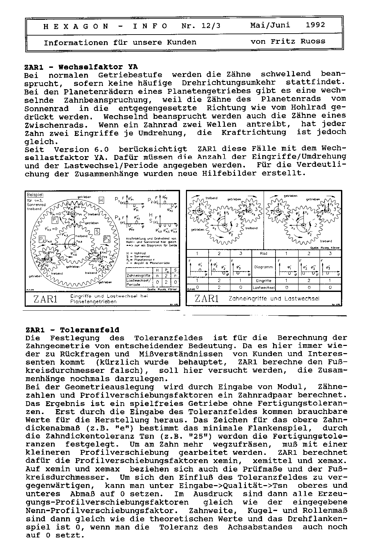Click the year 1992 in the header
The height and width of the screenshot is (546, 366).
click(315, 25)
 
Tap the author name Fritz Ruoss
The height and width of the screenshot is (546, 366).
click(298, 41)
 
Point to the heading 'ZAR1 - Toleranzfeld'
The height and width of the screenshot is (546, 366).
click(72, 330)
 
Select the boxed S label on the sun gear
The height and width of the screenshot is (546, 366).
click(97, 232)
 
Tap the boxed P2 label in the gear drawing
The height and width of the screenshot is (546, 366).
click(42, 240)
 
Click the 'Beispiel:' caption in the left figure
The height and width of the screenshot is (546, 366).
click(35, 195)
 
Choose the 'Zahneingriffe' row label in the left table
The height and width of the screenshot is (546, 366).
click(138, 275)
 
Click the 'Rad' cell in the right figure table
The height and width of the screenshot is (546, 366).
click(263, 254)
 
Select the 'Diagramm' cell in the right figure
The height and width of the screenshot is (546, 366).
click(263, 267)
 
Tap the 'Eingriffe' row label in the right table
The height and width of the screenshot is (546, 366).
click(263, 281)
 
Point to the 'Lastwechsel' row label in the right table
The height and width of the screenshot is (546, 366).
click(263, 287)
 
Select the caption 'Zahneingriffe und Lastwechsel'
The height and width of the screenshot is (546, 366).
click(274, 299)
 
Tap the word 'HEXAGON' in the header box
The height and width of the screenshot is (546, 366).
click(76, 26)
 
